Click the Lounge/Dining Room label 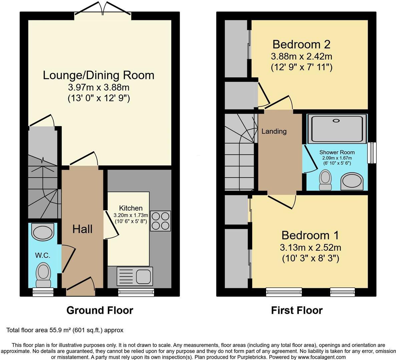tap(98, 75)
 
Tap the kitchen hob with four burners tap(160, 221)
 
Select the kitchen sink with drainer tap(135, 276)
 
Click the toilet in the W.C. tap(43, 274)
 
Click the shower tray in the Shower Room tap(336, 128)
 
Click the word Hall tap(82, 229)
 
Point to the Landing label tap(274, 131)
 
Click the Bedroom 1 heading tap(310, 235)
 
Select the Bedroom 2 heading tap(301, 44)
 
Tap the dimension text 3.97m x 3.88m tap(98, 88)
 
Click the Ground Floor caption tap(100, 310)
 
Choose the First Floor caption tap(297, 310)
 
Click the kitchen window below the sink tap(136, 293)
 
